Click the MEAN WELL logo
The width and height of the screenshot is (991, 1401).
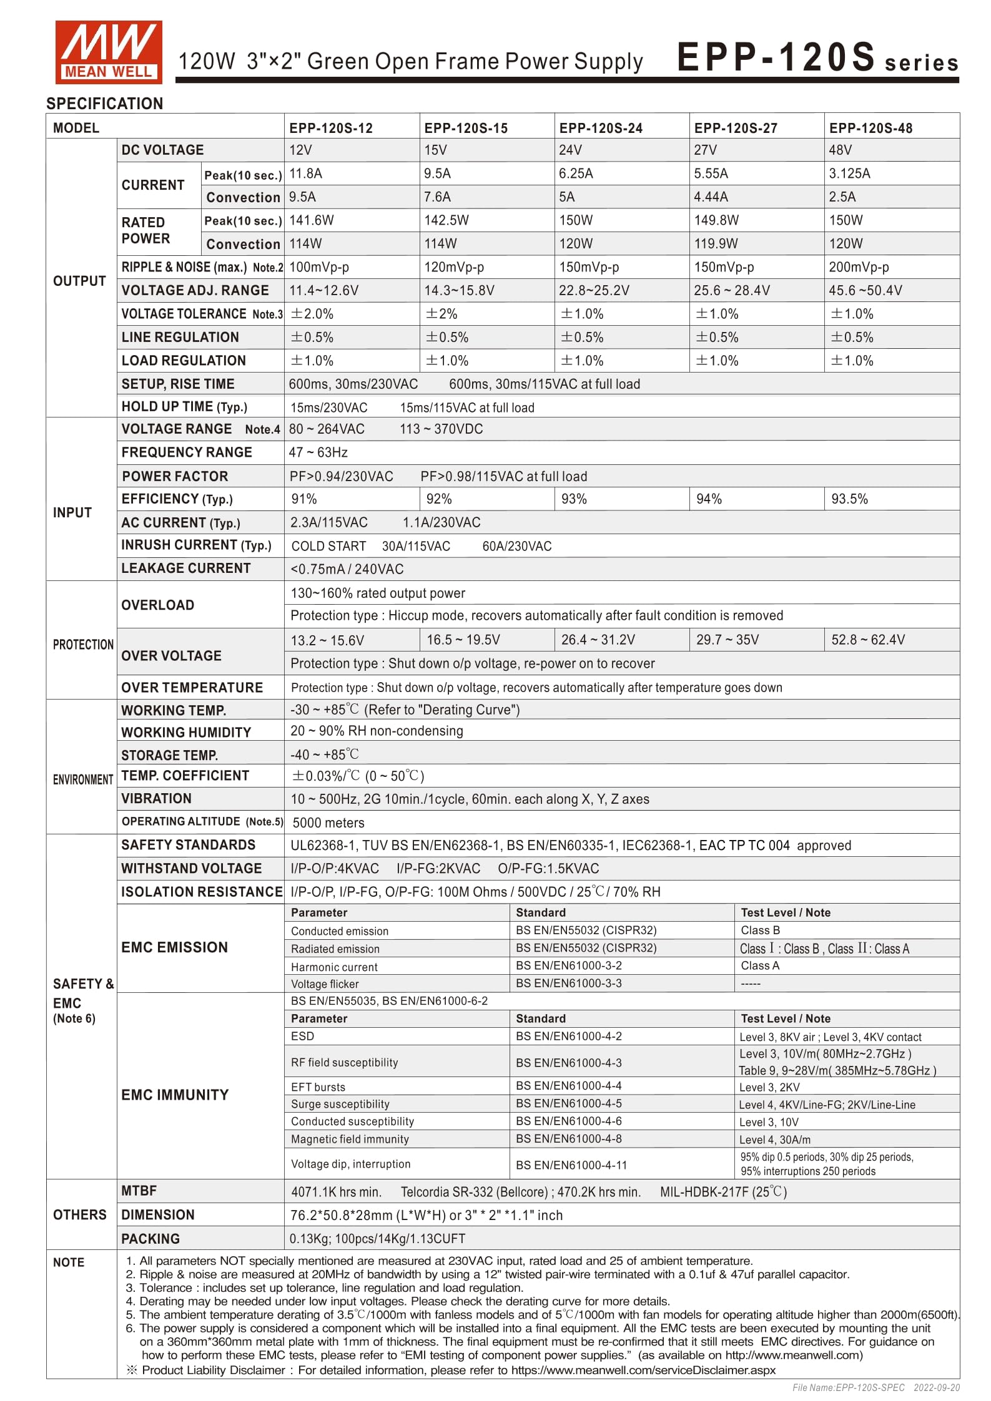[x=108, y=52]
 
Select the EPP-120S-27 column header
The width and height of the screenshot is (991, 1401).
[x=735, y=128]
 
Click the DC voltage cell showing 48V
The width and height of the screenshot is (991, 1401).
[x=840, y=150]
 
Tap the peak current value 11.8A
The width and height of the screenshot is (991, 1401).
[x=305, y=173]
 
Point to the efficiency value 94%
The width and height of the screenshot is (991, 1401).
[x=709, y=499]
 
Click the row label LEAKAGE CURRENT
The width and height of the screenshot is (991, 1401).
[x=185, y=569]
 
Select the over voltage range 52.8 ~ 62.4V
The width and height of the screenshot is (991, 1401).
[x=867, y=640]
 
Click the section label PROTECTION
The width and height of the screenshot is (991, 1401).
[x=83, y=645]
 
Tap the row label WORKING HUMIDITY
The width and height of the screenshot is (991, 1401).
[x=185, y=732]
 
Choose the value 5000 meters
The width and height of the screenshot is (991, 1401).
[x=328, y=823]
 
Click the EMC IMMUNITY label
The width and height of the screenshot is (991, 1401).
[x=175, y=1095]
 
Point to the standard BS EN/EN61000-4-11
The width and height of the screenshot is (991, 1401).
[x=571, y=1164]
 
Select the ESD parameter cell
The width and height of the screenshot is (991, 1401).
[x=303, y=1036]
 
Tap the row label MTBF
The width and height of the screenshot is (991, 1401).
[x=139, y=1191]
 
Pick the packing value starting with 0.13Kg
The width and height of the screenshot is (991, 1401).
[x=377, y=1239]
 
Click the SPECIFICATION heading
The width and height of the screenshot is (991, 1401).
[x=104, y=104]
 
